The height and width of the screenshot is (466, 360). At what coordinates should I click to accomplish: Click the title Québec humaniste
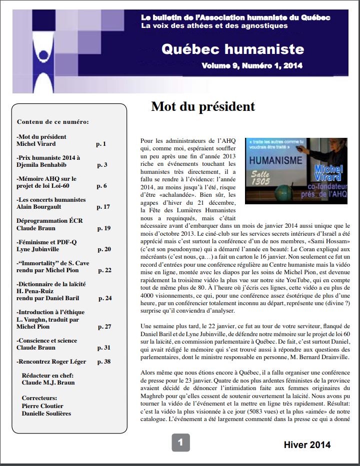pyautogui.click(x=232, y=49)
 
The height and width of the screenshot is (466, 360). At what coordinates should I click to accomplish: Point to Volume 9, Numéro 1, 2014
pyautogui.click(x=252, y=66)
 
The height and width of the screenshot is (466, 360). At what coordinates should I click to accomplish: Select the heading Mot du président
pyautogui.click(x=203, y=106)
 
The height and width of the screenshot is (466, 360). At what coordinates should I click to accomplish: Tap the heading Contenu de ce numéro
pyautogui.click(x=53, y=122)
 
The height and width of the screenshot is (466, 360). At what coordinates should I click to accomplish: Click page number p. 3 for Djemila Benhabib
pyautogui.click(x=102, y=165)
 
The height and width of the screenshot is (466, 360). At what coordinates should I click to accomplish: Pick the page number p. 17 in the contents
pyautogui.click(x=103, y=207)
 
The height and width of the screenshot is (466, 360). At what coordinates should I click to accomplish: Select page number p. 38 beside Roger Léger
pyautogui.click(x=104, y=362)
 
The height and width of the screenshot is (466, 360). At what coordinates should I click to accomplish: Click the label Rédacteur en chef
pyautogui.click(x=48, y=375)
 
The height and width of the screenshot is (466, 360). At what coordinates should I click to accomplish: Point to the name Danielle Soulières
pyautogui.click(x=46, y=413)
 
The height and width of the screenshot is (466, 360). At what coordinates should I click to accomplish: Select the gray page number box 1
pyautogui.click(x=180, y=442)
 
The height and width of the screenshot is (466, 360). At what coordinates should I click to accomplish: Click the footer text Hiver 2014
pyautogui.click(x=307, y=445)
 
